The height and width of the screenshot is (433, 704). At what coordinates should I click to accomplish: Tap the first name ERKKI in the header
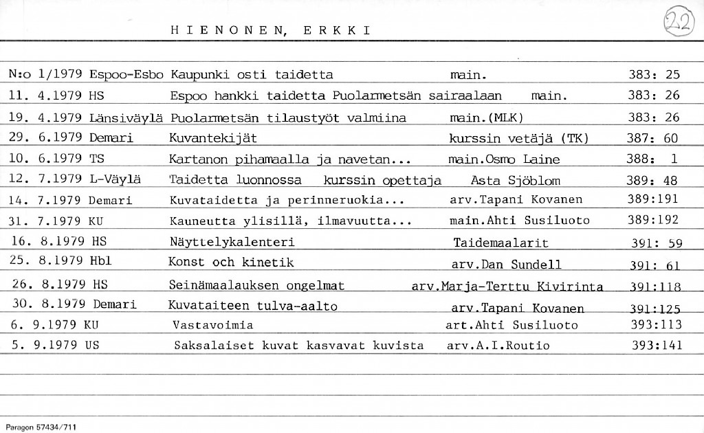click(337, 30)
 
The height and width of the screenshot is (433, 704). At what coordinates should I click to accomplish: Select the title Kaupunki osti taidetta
click(251, 75)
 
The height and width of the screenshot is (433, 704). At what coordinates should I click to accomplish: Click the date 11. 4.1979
click(47, 96)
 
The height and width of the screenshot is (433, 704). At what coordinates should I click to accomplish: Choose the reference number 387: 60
click(652, 138)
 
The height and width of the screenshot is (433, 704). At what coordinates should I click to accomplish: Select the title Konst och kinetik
click(231, 263)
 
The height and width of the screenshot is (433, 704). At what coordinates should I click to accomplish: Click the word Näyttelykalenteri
click(232, 242)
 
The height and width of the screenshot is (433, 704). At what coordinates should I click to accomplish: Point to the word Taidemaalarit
click(500, 243)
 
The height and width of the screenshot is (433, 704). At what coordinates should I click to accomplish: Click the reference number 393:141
click(657, 346)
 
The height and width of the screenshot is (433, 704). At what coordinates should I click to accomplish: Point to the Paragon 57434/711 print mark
click(38, 427)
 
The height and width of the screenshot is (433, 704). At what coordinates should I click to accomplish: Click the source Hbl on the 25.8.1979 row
click(100, 262)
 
